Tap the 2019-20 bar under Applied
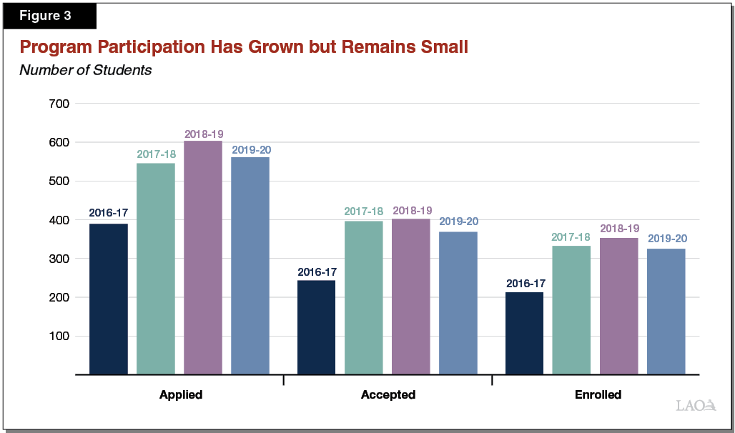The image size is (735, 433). (250, 266)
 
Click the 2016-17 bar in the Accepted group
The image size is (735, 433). (316, 327)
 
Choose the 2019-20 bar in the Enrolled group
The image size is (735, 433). (666, 312)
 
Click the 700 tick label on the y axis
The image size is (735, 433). (59, 104)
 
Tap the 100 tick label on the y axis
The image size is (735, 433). (59, 336)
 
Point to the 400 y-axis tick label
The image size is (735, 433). (59, 220)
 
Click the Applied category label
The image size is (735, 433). (180, 394)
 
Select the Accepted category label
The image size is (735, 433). (388, 394)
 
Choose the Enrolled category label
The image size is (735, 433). (598, 394)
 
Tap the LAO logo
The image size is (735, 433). (696, 405)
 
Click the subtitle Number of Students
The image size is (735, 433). (85, 70)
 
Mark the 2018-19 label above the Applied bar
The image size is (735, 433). (203, 134)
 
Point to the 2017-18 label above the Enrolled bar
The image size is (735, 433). (571, 238)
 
